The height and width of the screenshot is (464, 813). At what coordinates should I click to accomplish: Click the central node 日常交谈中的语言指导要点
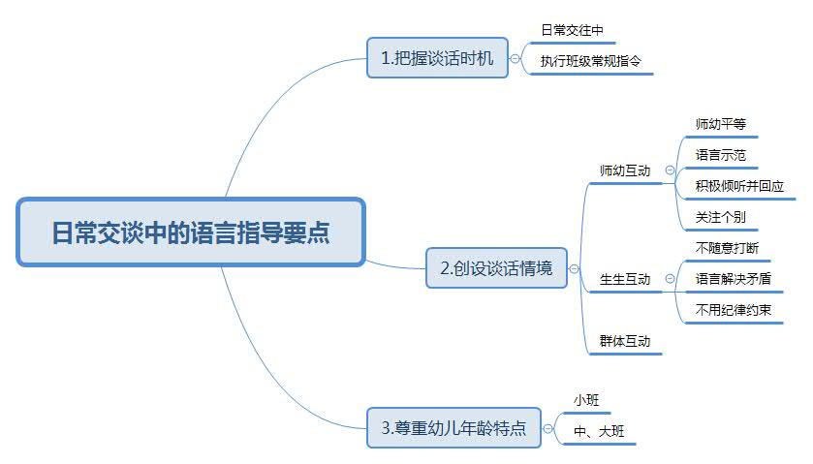coord(190,232)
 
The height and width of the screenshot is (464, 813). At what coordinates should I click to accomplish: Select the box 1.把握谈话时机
coord(437,58)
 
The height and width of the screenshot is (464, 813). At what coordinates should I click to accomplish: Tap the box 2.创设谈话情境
coord(496,268)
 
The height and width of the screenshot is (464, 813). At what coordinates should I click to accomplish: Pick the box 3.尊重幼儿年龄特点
coord(453,427)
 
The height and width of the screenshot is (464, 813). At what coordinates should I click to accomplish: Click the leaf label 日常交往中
coord(573,32)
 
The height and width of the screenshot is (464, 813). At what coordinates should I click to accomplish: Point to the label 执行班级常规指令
coord(590,61)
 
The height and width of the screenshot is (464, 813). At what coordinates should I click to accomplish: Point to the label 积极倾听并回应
coord(739,186)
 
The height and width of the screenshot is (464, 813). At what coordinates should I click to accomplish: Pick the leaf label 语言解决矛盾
coord(734,279)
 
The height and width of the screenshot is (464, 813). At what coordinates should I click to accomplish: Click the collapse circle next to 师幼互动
coord(670,170)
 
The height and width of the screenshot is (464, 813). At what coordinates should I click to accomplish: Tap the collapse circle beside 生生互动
coord(670,279)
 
